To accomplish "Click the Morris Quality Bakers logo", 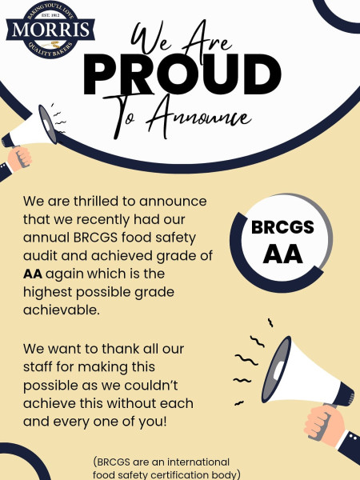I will pos(52,31).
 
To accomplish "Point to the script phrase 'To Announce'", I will pos(197,117).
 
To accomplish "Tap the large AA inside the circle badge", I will pos(282,254).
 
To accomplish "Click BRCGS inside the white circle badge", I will pos(282,227).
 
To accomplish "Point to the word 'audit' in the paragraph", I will pos(41,255).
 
